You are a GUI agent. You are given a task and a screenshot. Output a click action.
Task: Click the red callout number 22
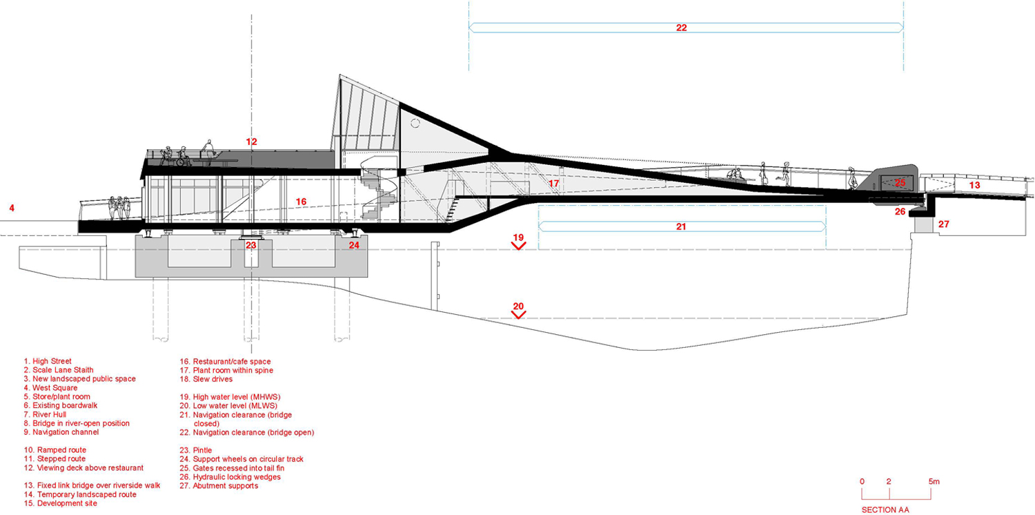pyautogui.click(x=682, y=28)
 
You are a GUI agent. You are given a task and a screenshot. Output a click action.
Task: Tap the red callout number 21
pyautogui.click(x=681, y=226)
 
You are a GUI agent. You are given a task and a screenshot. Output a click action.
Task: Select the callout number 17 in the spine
pyautogui.click(x=554, y=184)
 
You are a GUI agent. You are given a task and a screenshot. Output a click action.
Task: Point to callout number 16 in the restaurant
pyautogui.click(x=301, y=202)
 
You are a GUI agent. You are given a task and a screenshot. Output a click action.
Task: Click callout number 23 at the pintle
pyautogui.click(x=251, y=244)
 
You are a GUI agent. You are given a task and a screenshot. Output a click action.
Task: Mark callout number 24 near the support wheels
pyautogui.click(x=354, y=244)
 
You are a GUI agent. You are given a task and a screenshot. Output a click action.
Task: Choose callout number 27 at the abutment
pyautogui.click(x=944, y=224)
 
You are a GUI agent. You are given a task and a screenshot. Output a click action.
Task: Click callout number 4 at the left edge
pyautogui.click(x=12, y=206)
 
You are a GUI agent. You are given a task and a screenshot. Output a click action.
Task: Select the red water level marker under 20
pyautogui.click(x=518, y=314)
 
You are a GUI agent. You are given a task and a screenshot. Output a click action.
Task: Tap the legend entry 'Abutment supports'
pyautogui.click(x=220, y=485)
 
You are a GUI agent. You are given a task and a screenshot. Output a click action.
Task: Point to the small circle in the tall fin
pyautogui.click(x=415, y=123)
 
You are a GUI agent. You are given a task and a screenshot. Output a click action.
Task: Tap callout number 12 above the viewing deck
pyautogui.click(x=251, y=142)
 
